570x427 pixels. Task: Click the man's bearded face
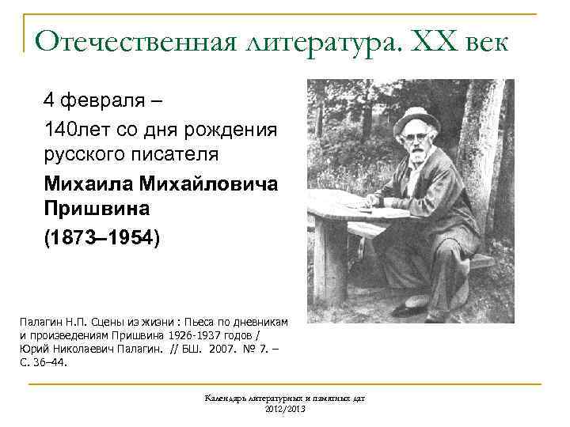coord(416,145)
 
